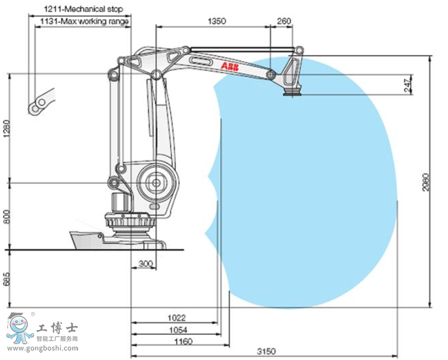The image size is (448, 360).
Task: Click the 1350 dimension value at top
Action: pyautogui.click(x=216, y=20)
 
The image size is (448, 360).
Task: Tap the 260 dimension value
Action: pyautogui.click(x=283, y=20)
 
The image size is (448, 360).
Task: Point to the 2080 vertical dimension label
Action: pyautogui.click(x=425, y=182)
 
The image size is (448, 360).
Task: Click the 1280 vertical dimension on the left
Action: pyautogui.click(x=7, y=128)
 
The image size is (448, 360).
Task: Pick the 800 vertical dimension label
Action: pyautogui.click(x=7, y=216)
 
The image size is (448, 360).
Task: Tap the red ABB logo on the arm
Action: pyautogui.click(x=229, y=65)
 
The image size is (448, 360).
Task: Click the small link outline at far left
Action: pyautogui.click(x=41, y=102)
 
